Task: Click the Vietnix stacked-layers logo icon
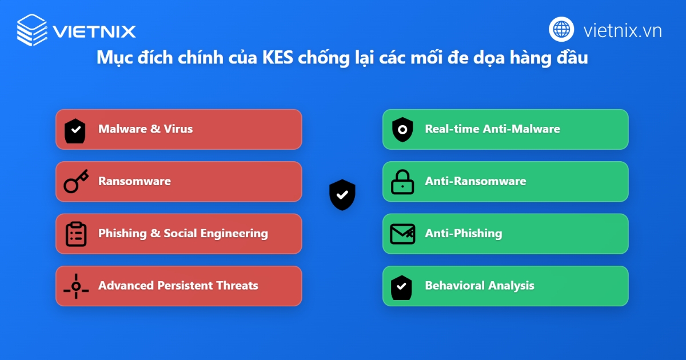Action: [x=32, y=30]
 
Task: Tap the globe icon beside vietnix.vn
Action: [x=561, y=29]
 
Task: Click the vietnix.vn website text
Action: [x=623, y=31]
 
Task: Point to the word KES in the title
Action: [x=277, y=57]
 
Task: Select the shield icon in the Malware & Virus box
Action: [x=75, y=131]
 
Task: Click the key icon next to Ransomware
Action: [x=76, y=181]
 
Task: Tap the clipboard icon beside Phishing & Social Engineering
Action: [x=76, y=234]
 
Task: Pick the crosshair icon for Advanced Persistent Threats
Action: [x=76, y=286]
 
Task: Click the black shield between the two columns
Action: [x=342, y=195]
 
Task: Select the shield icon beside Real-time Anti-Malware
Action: [x=402, y=130]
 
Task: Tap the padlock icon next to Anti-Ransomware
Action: [x=402, y=182]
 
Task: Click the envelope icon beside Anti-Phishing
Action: [x=402, y=234]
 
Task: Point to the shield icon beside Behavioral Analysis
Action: [x=401, y=287]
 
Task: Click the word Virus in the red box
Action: [x=178, y=129]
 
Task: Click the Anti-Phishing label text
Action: [x=464, y=234]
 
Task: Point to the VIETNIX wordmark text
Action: [x=94, y=31]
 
